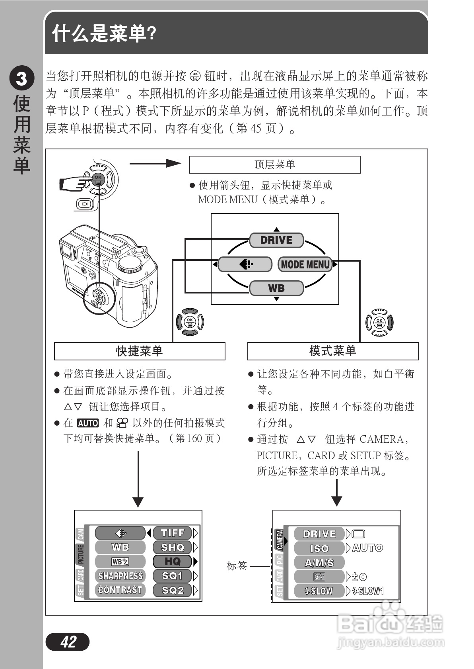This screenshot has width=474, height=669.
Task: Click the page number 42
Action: pyautogui.click(x=68, y=642)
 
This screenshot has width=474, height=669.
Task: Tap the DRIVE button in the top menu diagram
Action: pyautogui.click(x=276, y=240)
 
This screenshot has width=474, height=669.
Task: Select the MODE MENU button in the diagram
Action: pyautogui.click(x=305, y=264)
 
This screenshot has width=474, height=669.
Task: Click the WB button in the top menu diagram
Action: pyautogui.click(x=276, y=288)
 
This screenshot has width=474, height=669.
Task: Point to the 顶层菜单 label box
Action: pyautogui.click(x=275, y=164)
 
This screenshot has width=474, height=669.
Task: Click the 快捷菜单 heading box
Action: pyautogui.click(x=140, y=351)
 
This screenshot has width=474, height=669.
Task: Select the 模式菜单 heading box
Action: pyautogui.click(x=333, y=351)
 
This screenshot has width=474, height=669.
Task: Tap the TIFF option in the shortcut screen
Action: pyautogui.click(x=173, y=533)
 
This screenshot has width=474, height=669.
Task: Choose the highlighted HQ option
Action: pyautogui.click(x=173, y=561)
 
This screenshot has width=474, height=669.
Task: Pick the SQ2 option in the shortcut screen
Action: pyautogui.click(x=173, y=590)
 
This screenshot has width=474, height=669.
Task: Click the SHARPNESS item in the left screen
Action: pyautogui.click(x=120, y=576)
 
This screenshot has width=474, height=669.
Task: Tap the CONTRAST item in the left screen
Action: pyautogui.click(x=120, y=590)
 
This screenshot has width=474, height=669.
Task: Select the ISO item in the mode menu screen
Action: pyautogui.click(x=319, y=548)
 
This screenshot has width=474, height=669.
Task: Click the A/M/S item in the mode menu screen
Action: pyautogui.click(x=319, y=563)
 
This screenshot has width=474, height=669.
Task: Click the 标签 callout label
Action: pyautogui.click(x=237, y=565)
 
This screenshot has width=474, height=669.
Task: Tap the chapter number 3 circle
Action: pyautogui.click(x=21, y=79)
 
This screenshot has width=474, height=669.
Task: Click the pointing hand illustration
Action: pyautogui.click(x=74, y=184)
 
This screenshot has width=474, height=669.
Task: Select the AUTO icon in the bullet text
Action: pyautogui.click(x=87, y=423)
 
